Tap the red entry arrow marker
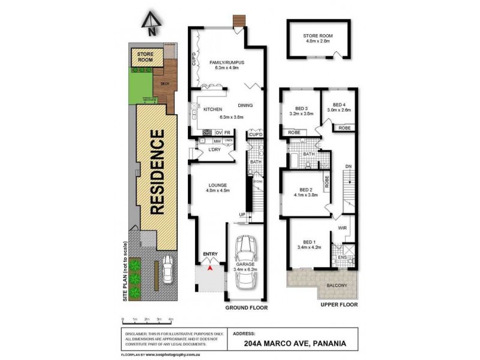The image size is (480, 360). [209, 268]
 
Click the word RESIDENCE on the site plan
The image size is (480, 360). [157, 172]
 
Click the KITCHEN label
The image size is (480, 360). [213, 109]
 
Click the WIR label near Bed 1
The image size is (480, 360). [343, 228]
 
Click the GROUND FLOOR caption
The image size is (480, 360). [246, 307]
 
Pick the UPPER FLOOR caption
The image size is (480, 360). [339, 305]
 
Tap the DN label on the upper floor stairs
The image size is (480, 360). [347, 166]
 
